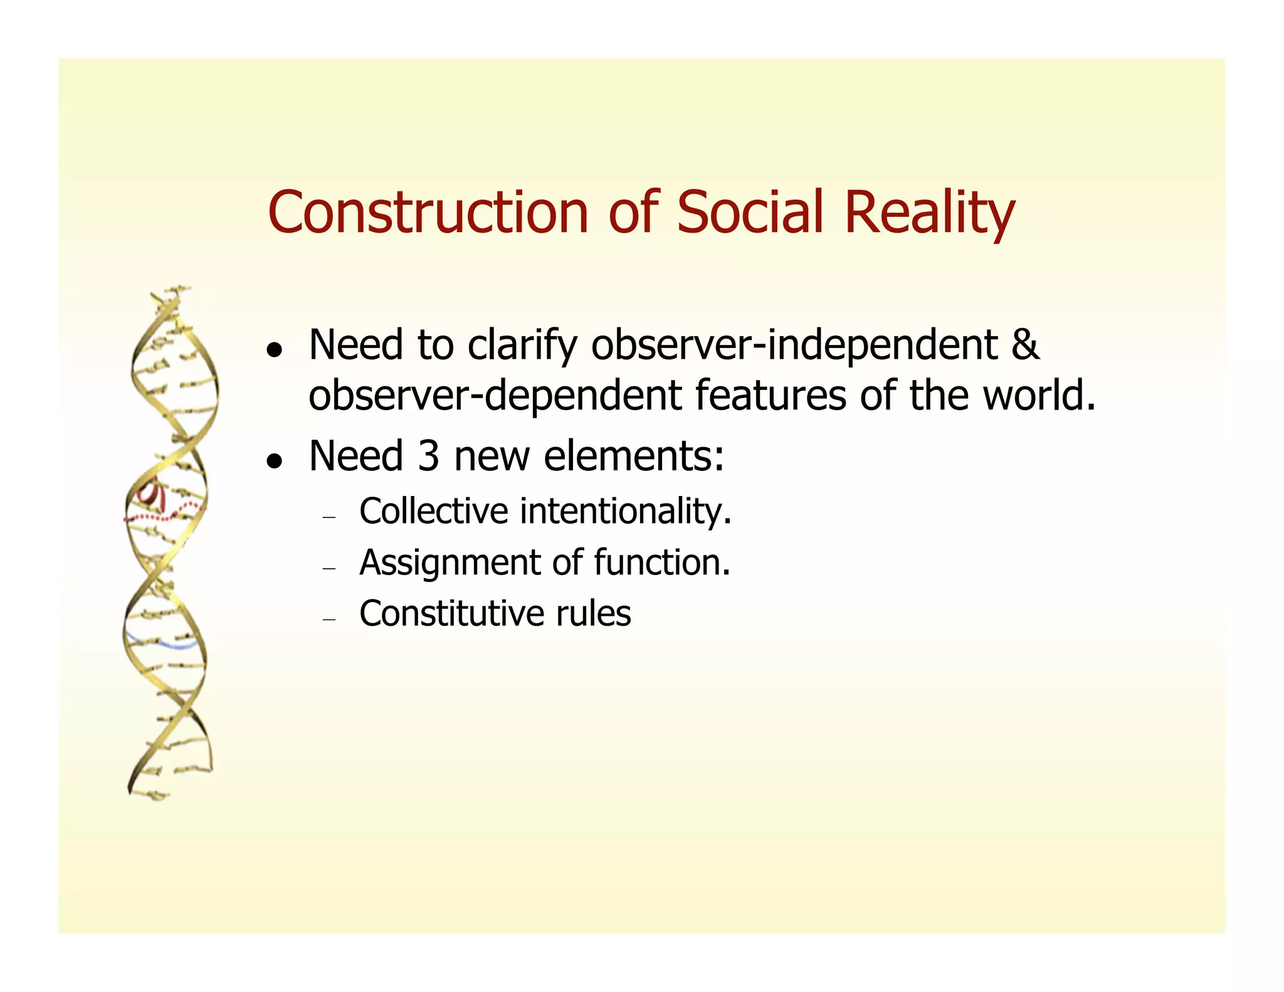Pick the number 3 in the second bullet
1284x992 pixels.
(428, 456)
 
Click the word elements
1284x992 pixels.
(633, 456)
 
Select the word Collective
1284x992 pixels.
(433, 511)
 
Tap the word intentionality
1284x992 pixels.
(625, 511)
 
